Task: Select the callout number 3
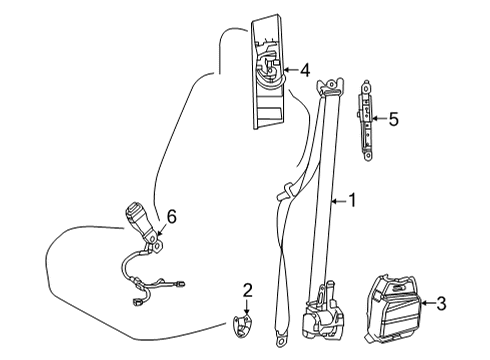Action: pyautogui.click(x=441, y=302)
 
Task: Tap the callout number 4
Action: pyautogui.click(x=304, y=70)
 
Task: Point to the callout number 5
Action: pyautogui.click(x=393, y=120)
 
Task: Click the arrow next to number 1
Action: pyautogui.click(x=338, y=201)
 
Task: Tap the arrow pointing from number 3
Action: pyautogui.click(x=428, y=302)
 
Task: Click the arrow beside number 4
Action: pyautogui.click(x=290, y=70)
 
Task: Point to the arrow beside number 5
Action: pyautogui.click(x=380, y=120)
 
